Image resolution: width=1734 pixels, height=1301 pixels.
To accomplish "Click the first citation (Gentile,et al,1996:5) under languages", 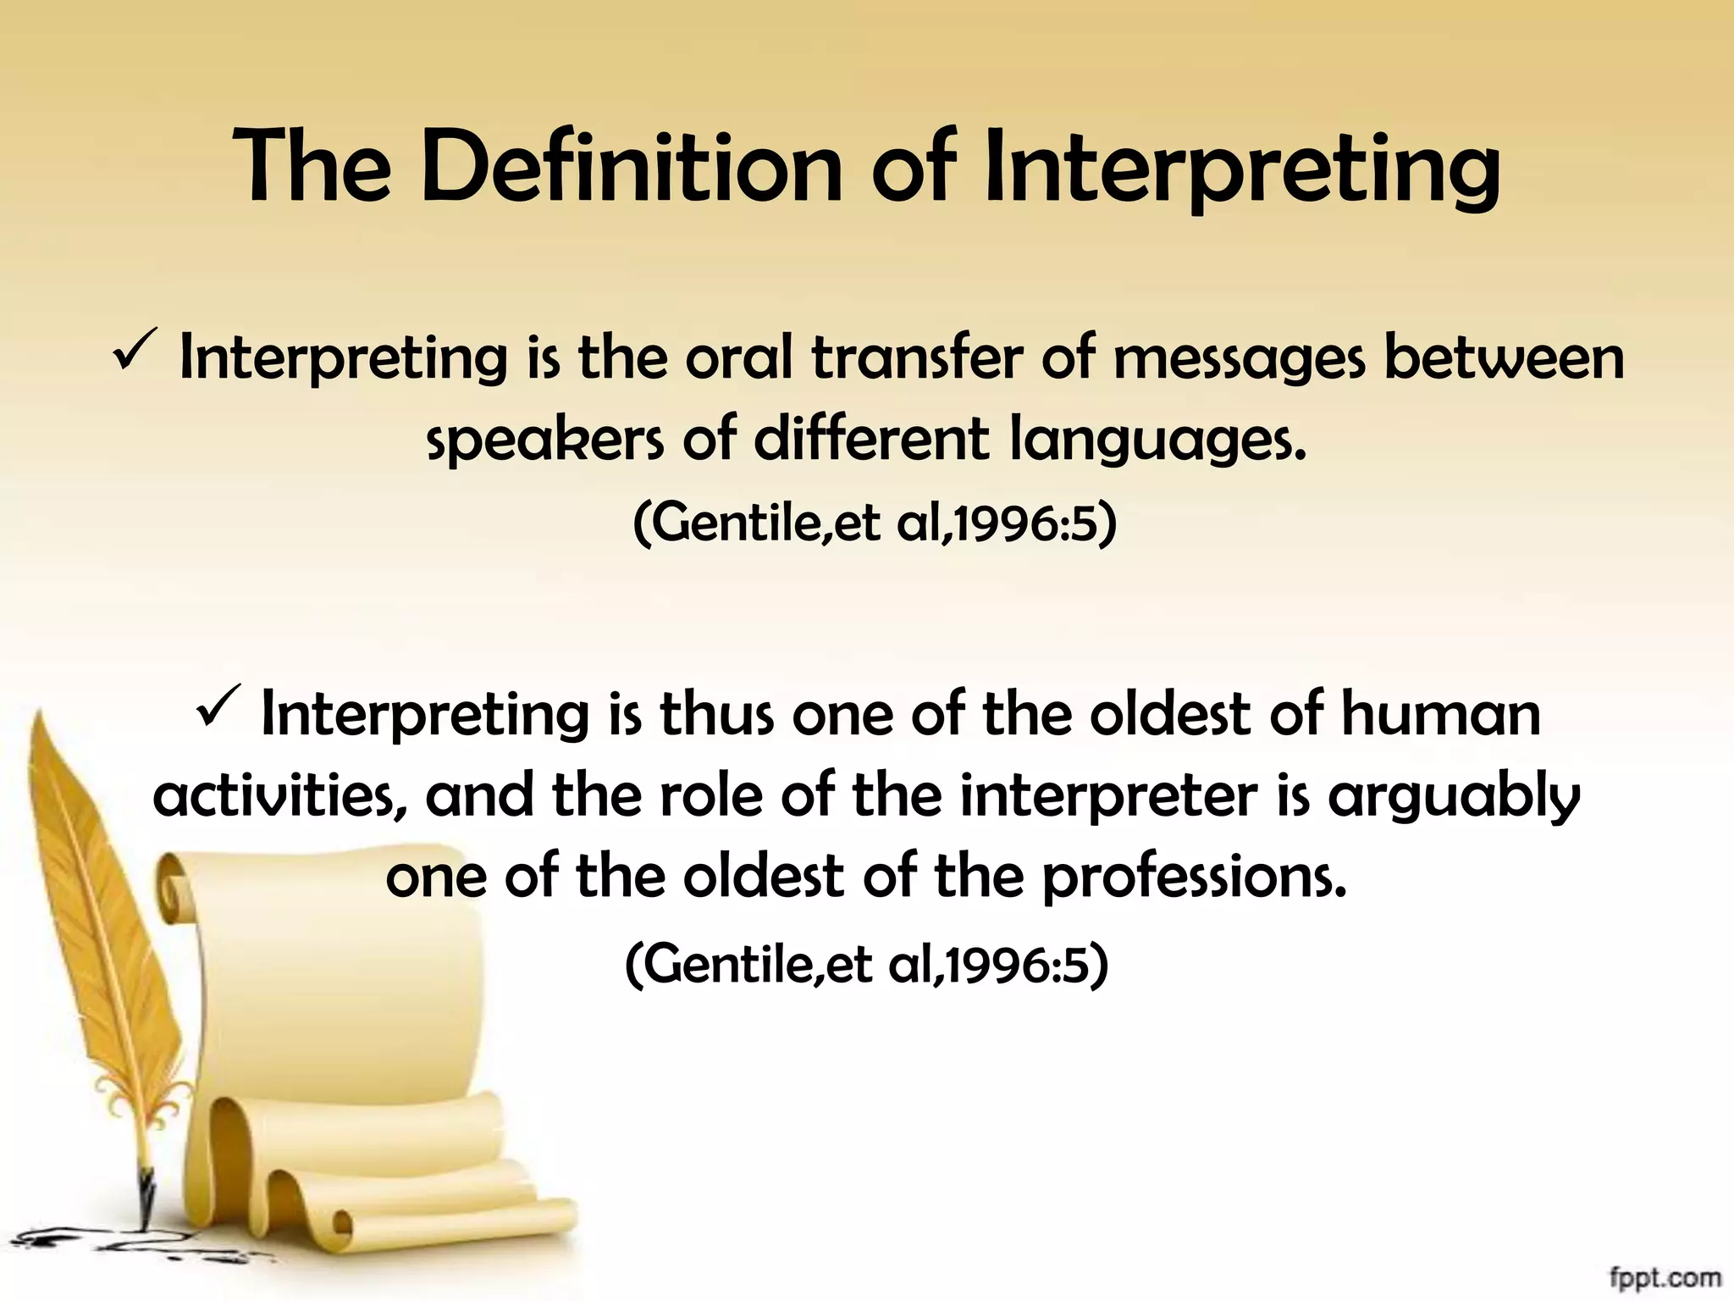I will [x=875, y=523].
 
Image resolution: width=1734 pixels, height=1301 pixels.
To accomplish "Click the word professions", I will [x=1193, y=877].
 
